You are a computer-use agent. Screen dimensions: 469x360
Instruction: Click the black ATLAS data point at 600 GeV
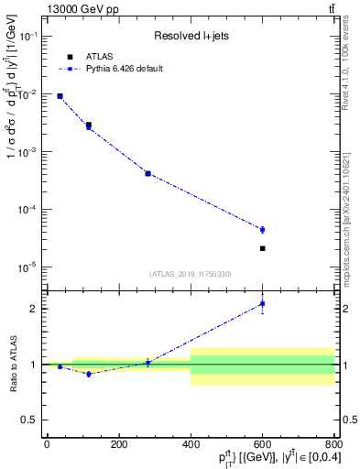click(x=262, y=248)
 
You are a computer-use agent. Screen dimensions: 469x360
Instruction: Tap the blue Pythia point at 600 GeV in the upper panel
click(x=262, y=229)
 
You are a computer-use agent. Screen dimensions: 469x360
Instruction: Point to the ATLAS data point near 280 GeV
click(x=147, y=173)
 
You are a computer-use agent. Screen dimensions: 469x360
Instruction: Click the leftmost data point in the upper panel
click(x=60, y=96)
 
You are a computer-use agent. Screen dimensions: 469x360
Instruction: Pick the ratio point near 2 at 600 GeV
click(x=262, y=303)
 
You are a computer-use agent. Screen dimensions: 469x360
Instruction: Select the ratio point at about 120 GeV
click(x=89, y=374)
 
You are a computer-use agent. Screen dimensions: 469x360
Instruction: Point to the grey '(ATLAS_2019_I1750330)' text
click(x=191, y=274)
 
